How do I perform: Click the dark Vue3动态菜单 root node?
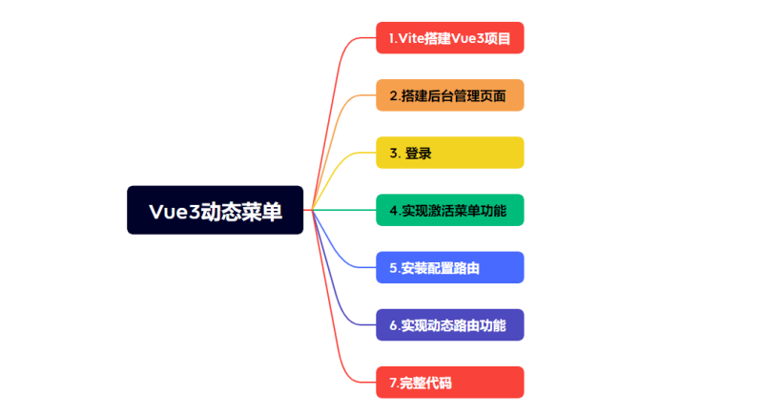215,210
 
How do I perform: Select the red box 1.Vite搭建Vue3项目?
449,38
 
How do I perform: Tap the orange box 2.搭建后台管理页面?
449,95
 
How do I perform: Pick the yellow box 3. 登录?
449,153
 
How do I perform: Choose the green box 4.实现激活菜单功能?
449,210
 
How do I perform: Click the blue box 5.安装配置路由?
449,267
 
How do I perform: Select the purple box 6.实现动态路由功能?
449,325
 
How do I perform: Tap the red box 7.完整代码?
449,383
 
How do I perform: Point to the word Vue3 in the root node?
175,211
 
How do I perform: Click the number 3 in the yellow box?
393,154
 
